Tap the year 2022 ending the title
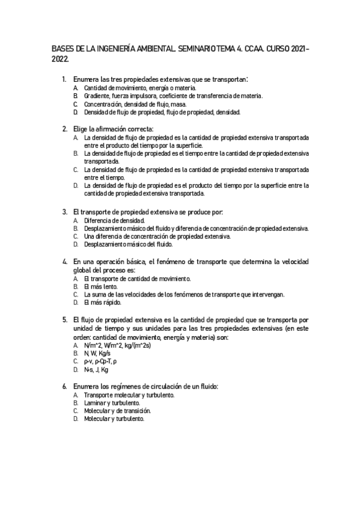(x=59, y=59)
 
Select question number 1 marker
(x=65, y=79)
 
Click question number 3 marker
(x=65, y=212)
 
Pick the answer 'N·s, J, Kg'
(x=96, y=369)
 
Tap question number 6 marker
(x=65, y=386)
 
